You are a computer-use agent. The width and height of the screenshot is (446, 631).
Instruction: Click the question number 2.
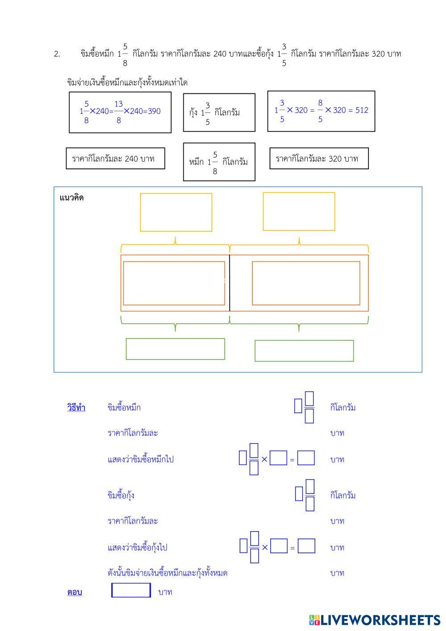(x=57, y=54)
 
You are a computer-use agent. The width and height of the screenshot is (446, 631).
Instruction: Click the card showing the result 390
(x=120, y=112)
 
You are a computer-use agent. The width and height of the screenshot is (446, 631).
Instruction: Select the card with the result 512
(x=321, y=111)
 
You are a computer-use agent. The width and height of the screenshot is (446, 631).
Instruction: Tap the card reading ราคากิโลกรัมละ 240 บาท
(x=115, y=159)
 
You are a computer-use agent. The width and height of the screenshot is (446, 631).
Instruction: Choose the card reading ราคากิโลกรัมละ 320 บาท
(x=319, y=159)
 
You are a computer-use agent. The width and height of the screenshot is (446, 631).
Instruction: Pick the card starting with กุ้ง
(x=219, y=113)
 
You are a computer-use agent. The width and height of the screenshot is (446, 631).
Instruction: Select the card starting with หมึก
(x=219, y=162)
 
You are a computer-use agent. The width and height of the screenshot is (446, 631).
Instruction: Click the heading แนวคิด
(x=71, y=197)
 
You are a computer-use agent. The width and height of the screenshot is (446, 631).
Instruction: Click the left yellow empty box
(x=176, y=212)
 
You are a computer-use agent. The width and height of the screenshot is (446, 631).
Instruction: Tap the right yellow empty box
(x=299, y=211)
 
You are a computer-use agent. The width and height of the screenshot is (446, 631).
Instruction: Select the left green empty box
(x=175, y=349)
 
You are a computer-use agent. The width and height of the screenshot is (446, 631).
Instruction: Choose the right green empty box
(x=304, y=351)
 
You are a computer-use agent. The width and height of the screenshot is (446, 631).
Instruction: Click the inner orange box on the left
(x=174, y=283)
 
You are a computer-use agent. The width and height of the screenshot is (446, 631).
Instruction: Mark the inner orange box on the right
(x=306, y=283)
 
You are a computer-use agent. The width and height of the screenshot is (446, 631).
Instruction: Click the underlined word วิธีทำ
(x=76, y=407)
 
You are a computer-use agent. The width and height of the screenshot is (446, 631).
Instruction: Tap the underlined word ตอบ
(x=74, y=592)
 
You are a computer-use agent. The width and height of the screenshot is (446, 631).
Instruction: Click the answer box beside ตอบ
(x=131, y=590)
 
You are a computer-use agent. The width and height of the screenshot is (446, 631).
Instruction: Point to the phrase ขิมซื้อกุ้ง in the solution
(x=121, y=495)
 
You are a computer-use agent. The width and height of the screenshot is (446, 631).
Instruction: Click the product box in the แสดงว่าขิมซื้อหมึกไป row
(x=306, y=458)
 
